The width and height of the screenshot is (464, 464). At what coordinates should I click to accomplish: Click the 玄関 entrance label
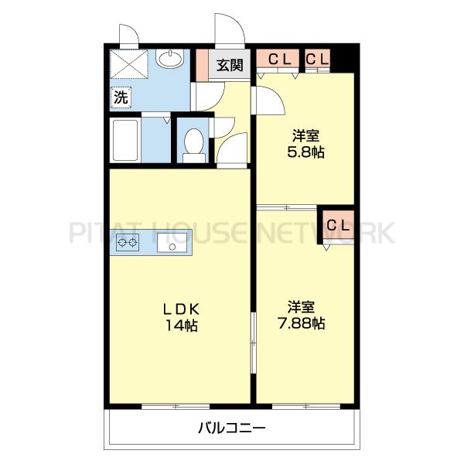tap(230, 64)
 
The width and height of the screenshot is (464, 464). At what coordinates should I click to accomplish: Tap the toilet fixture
tap(194, 144)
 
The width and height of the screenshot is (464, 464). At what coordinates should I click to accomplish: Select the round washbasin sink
tap(169, 59)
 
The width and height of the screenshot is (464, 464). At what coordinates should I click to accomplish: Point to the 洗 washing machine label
tap(121, 97)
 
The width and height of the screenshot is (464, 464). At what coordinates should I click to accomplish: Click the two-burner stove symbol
tap(128, 244)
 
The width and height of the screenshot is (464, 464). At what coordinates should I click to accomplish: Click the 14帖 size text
tap(181, 326)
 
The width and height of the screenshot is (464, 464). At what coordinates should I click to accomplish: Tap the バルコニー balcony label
tap(231, 426)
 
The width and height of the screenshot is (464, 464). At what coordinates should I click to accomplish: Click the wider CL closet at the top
tap(279, 59)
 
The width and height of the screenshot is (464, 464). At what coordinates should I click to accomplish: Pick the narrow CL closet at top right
tap(317, 59)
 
